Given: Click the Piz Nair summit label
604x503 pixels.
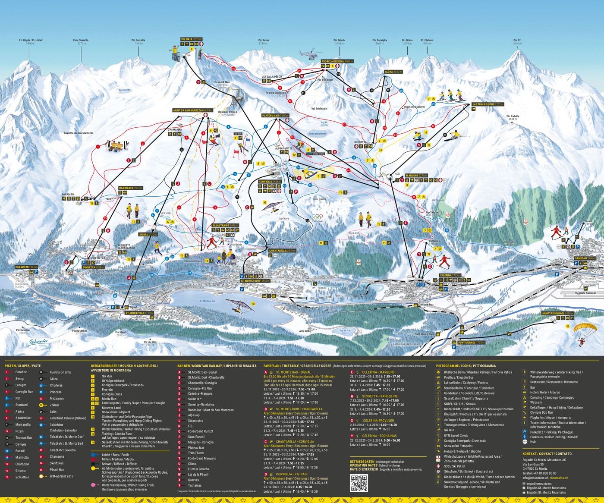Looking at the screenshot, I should point(191,39).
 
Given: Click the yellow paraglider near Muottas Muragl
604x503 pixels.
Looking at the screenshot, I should point(585,328).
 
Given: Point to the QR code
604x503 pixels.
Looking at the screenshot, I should point(359,483).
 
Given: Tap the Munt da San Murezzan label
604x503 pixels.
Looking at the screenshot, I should point(193,110).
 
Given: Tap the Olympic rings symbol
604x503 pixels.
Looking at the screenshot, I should point(317,217).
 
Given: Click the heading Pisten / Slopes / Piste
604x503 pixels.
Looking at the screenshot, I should point(23,366).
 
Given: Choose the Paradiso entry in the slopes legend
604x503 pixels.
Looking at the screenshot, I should point(21,372).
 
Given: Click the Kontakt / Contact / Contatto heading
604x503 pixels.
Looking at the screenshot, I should point(547,454).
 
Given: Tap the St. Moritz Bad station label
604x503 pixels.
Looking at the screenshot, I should point(139,313).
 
